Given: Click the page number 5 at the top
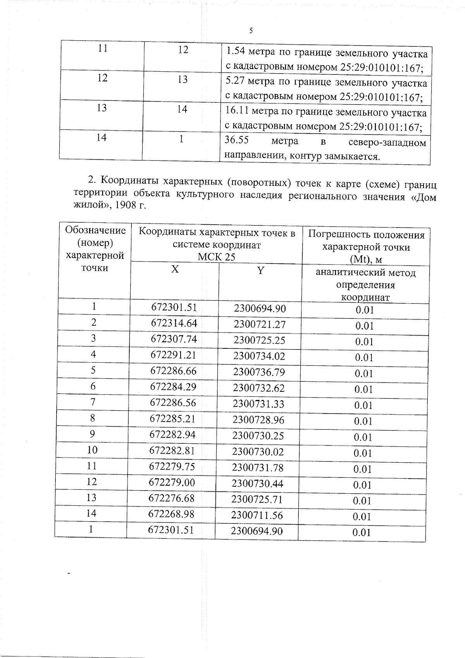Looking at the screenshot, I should point(251,31).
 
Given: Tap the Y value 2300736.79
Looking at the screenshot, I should point(258,372).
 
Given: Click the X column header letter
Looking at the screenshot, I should point(175,270).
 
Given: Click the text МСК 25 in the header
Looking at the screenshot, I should point(216,257).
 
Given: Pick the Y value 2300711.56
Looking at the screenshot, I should point(257,515).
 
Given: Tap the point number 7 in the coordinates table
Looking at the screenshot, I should point(93,402).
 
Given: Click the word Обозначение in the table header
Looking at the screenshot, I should point(95,231).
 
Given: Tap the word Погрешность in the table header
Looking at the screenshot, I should point(338,235).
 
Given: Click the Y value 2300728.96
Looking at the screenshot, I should point(258,420).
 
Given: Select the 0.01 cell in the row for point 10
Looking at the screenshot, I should point(363,453).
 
